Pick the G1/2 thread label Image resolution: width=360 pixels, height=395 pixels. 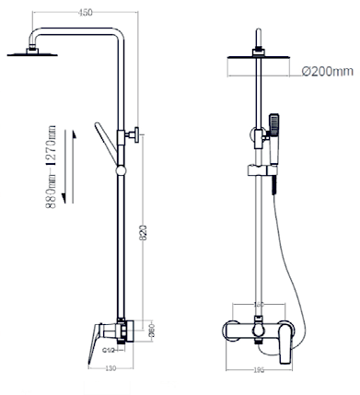pos(107,350)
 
